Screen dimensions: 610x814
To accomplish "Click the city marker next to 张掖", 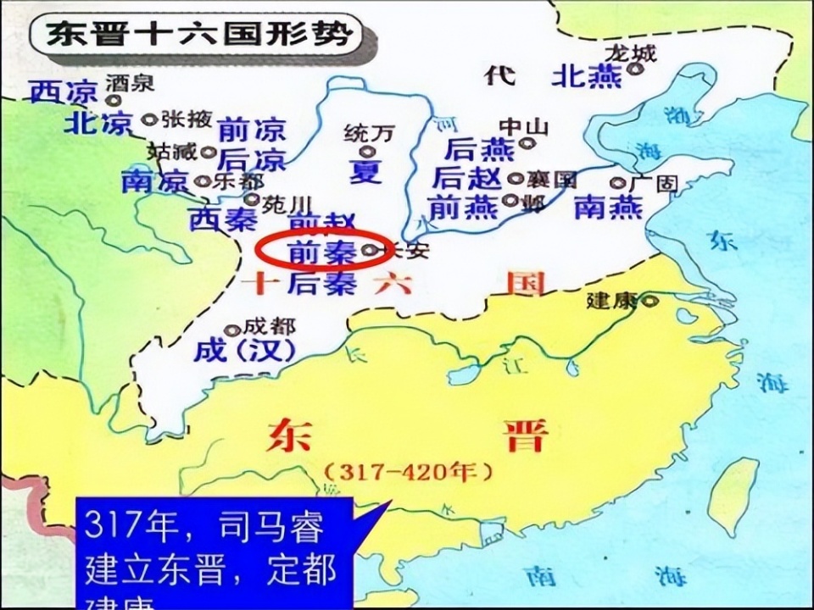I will pyautogui.click(x=149, y=119).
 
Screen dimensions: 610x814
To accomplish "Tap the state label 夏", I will pyautogui.click(x=365, y=171).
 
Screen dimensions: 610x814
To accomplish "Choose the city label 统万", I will pyautogui.click(x=370, y=134).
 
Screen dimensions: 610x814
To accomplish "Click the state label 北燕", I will pyautogui.click(x=587, y=76).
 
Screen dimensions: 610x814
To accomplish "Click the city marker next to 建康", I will pyautogui.click(x=650, y=300).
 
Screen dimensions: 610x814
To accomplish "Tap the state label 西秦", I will pyautogui.click(x=218, y=220).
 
